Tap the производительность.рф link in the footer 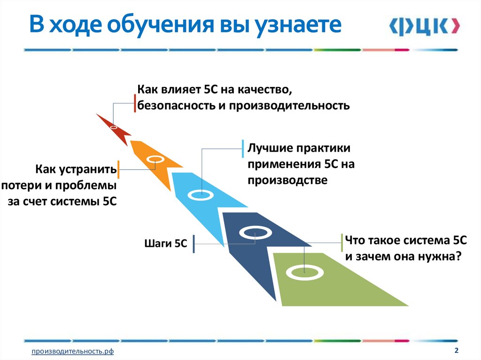coord(73,352)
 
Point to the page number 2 coord(456,351)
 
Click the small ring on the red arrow coord(113,127)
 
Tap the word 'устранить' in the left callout coord(89,169)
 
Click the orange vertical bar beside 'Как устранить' coord(118,169)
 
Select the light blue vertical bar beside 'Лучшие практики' coord(242,149)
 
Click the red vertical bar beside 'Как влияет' coord(135,103)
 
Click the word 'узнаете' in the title coord(298,25)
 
